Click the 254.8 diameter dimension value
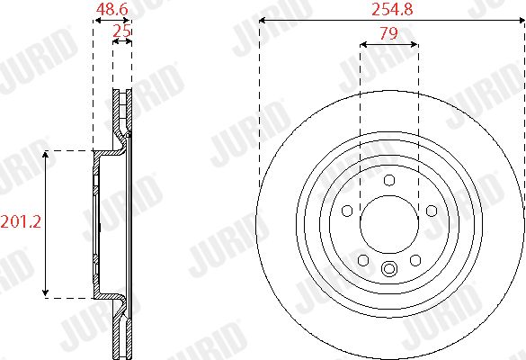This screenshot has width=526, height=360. coord(392,9)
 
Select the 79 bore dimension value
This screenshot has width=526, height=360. coord(388,33)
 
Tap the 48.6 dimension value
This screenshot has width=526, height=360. coord(111,9)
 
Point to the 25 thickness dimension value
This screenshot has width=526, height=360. coord(121,31)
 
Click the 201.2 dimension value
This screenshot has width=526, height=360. coord(21,221)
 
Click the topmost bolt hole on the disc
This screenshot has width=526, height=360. coord(389,180)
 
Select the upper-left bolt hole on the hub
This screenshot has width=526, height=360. coord(347,211)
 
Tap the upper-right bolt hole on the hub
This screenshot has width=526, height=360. coord(432,211)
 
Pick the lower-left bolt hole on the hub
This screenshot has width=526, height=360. coord(363,260)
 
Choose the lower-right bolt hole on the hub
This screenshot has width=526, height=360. coord(415,260)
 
